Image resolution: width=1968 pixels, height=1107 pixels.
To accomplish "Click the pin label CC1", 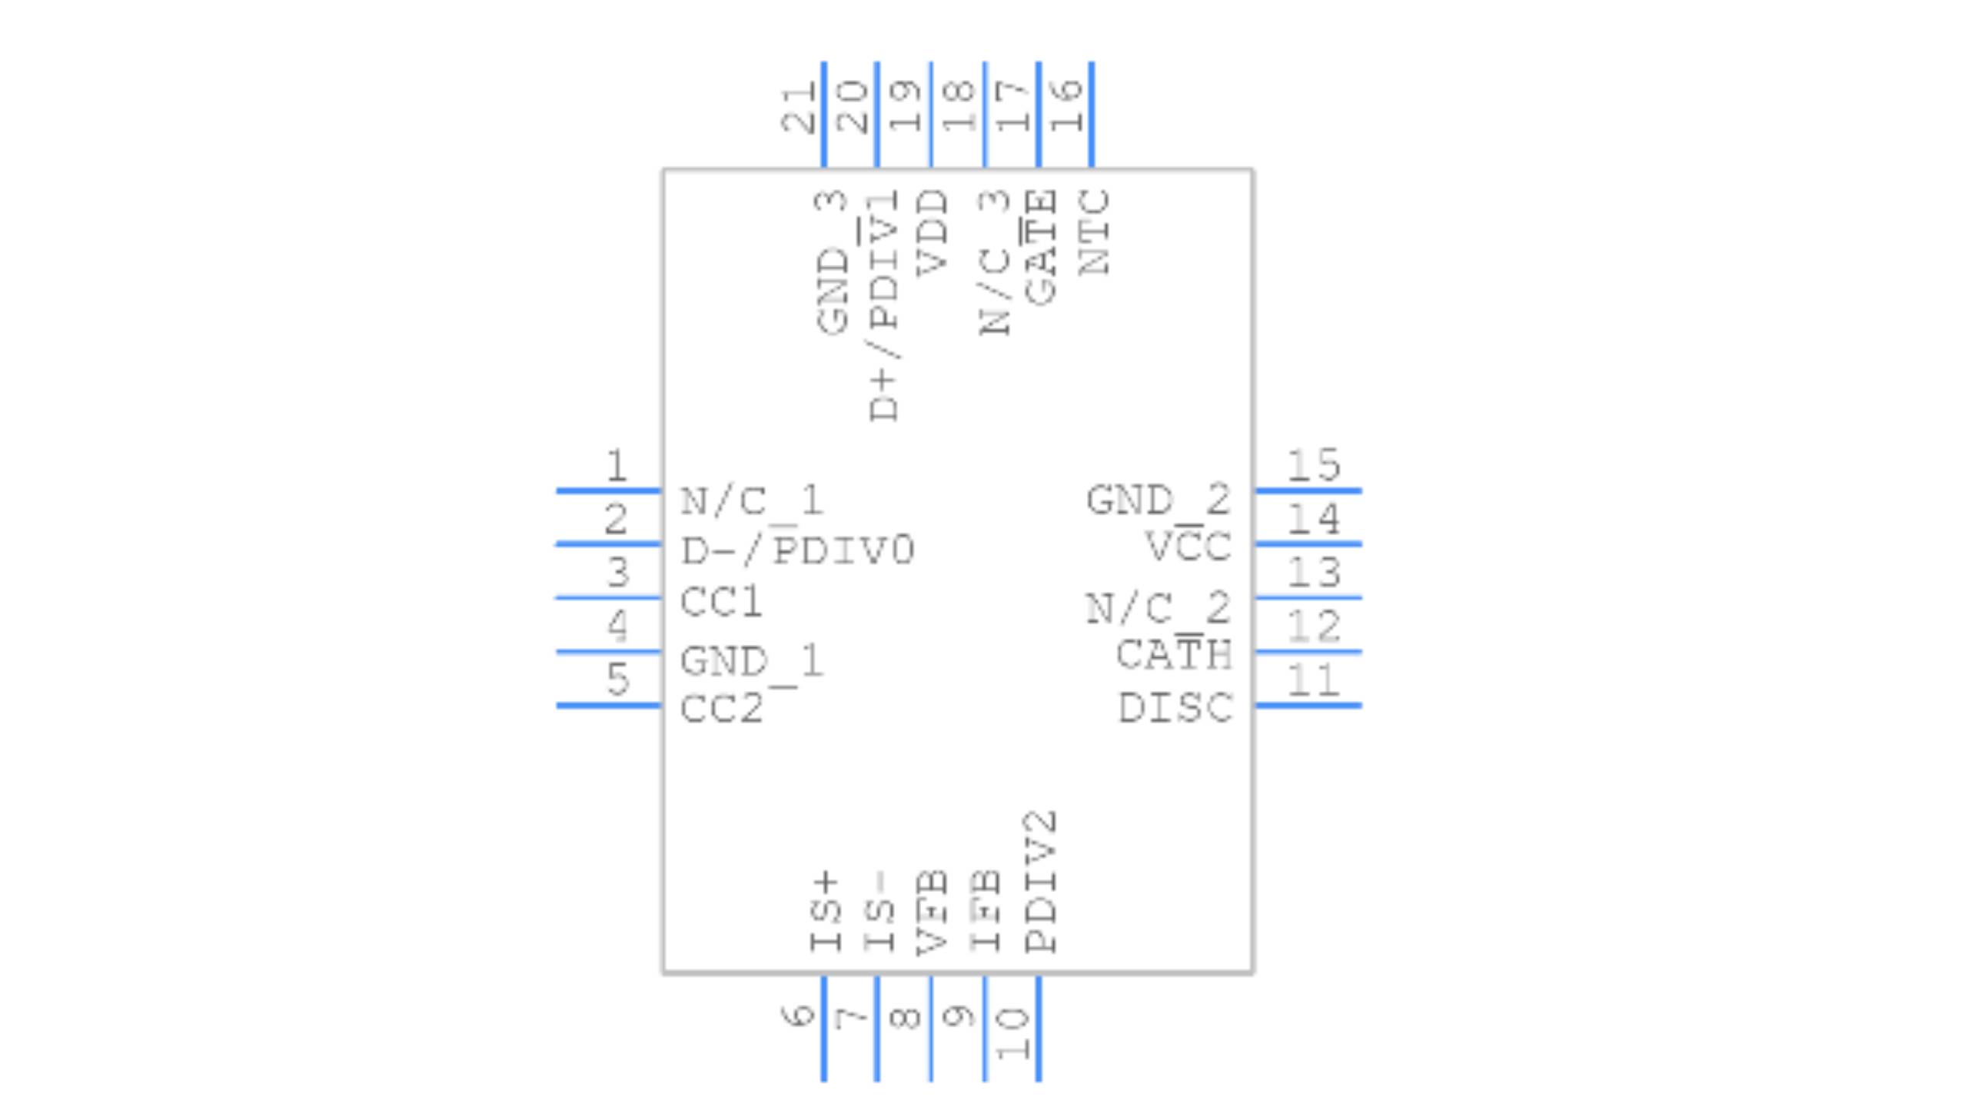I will (x=721, y=602).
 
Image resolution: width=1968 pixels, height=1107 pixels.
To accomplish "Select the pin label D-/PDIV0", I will (x=797, y=550).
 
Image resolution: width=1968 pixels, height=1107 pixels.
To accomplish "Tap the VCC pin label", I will (x=1188, y=547).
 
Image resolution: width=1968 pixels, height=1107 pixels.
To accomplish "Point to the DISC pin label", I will (x=1175, y=708).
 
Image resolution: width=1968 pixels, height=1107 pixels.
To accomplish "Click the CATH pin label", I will (x=1174, y=655).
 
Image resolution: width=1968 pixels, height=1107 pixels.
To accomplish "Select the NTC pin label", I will (x=1094, y=232).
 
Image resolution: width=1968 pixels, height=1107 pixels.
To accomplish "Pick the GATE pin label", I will (x=1041, y=248).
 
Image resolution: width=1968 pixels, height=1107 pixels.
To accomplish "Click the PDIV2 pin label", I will (x=1041, y=882).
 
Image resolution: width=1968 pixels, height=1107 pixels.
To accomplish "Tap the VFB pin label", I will (x=932, y=913).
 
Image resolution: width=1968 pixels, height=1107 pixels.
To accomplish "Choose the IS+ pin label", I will (x=826, y=912).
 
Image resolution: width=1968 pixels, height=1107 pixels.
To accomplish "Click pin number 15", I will (x=1313, y=465).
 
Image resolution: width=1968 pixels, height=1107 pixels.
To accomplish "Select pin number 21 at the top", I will (x=798, y=108).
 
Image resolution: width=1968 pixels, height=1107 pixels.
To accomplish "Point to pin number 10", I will (x=1012, y=1033).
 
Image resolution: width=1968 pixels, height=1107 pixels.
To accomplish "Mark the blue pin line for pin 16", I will (x=1092, y=114).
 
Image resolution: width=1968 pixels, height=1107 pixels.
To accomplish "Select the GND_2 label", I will (x=1158, y=500).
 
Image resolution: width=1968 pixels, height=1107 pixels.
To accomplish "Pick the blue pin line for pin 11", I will (x=1308, y=705).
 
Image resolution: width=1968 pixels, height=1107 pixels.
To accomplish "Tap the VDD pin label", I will (x=932, y=234).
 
